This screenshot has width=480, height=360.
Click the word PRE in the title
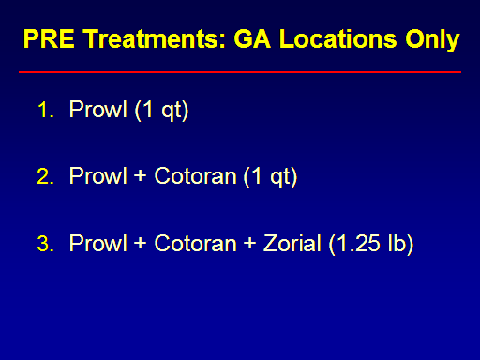coord(49,38)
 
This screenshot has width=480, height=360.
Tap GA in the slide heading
coord(252,38)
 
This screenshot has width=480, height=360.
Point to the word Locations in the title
coord(337,38)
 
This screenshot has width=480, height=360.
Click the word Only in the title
coord(432,41)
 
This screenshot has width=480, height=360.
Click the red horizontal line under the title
coord(240,72)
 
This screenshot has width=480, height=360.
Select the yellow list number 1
coord(45,110)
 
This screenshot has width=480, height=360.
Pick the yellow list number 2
coord(45,176)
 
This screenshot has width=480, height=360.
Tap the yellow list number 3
coord(45,244)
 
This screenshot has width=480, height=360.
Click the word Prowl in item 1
coord(98,109)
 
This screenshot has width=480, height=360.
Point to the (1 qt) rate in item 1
coord(161,111)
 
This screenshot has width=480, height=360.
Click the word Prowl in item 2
coord(98,175)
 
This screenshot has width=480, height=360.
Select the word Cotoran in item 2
coord(195,175)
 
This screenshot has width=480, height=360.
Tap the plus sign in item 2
coord(141,175)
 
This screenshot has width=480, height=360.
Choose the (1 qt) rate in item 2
coord(270,177)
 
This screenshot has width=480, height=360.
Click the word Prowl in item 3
coord(98,243)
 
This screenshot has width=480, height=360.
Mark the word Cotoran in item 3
coord(195,243)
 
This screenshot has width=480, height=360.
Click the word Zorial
coord(292,243)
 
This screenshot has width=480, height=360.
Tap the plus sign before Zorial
coord(249,243)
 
